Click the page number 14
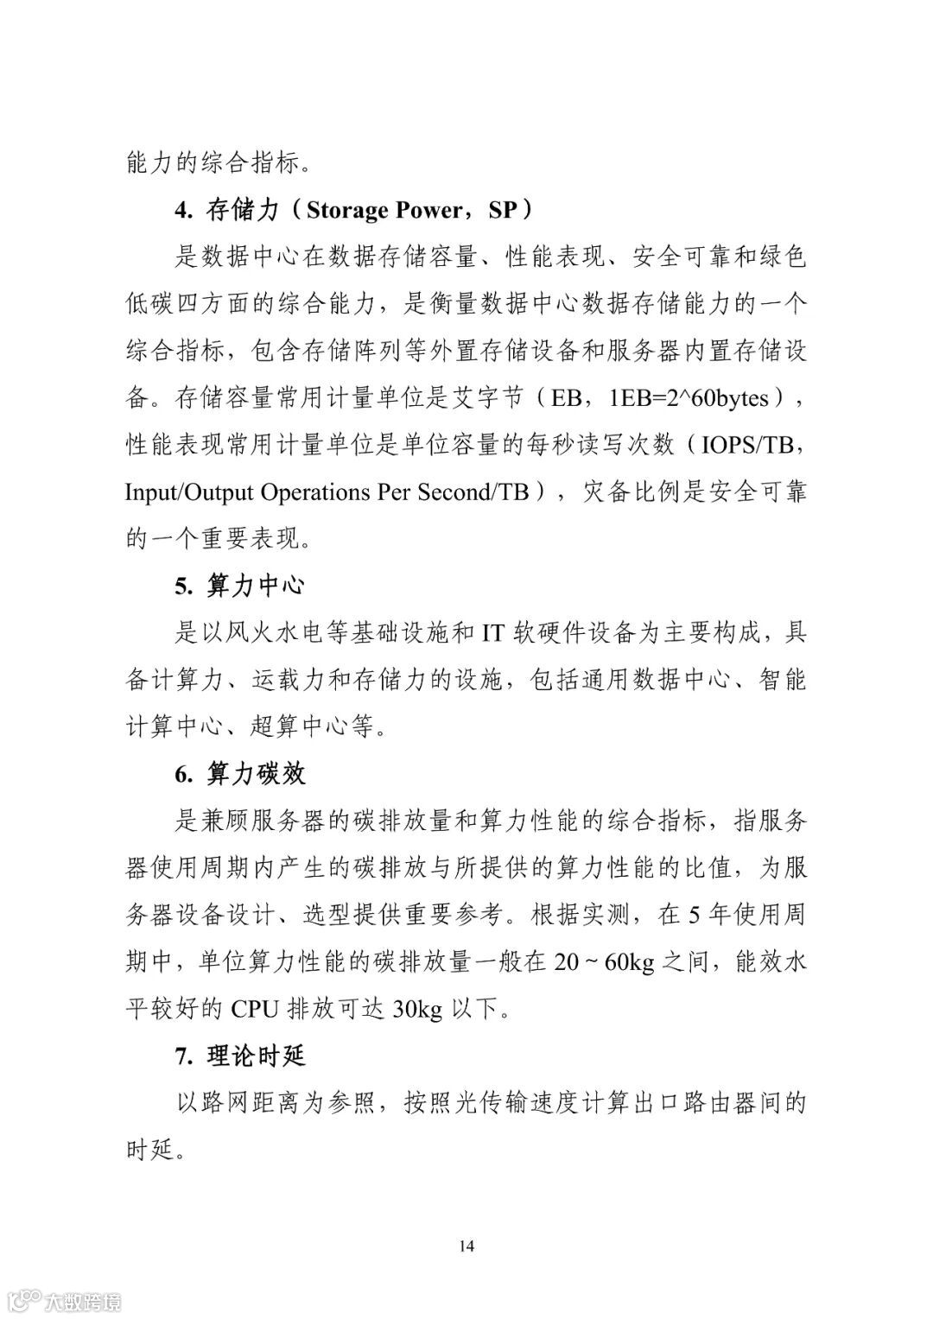tap(466, 1246)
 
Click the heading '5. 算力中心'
tap(239, 586)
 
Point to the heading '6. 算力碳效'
tap(239, 773)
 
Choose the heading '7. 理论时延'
tap(239, 1056)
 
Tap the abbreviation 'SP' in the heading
tap(505, 210)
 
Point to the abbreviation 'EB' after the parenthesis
tap(567, 398)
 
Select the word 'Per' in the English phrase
tap(395, 492)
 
